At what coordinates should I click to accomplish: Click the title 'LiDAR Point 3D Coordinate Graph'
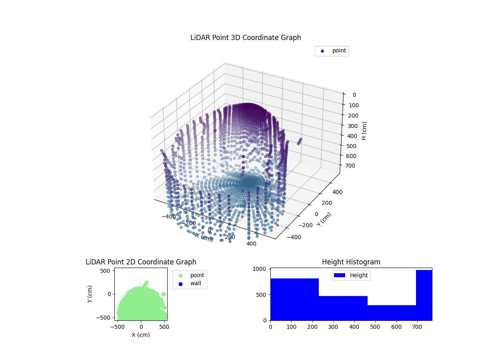[x=246, y=38]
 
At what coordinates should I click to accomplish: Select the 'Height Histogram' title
[x=351, y=262]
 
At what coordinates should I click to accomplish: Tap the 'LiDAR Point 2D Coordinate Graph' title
[x=141, y=262]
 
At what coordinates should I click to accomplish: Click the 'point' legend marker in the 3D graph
[x=322, y=51]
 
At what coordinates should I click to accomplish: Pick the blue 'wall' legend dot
[x=180, y=284]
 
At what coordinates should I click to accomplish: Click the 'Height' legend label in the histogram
[x=359, y=275]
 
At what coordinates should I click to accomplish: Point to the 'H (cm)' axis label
[x=364, y=131]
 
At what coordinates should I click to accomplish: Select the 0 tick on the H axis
[x=354, y=95]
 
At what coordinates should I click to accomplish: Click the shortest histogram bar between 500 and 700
[x=392, y=313]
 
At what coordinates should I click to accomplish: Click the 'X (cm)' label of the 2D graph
[x=141, y=335]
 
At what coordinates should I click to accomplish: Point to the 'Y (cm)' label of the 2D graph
[x=90, y=294]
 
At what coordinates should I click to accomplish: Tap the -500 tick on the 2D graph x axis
[x=118, y=326]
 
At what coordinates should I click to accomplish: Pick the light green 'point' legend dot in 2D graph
[x=180, y=275]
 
